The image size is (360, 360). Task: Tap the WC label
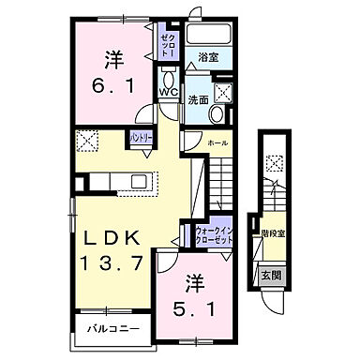pos(168,93)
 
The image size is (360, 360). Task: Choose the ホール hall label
pos(217,142)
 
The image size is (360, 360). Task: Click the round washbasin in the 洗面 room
pos(217,114)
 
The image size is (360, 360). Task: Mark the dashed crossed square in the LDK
pos(89,142)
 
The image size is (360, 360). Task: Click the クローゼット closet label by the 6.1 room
pos(167,40)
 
